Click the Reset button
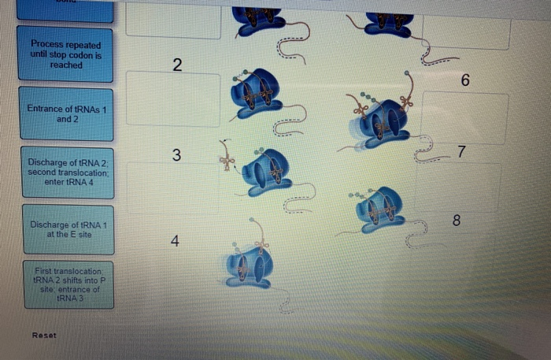[x=44, y=336]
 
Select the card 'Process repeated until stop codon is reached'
[x=66, y=54]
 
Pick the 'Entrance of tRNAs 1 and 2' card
[x=67, y=113]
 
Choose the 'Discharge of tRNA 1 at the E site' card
[x=68, y=229]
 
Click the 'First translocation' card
[x=68, y=284]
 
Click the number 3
[x=177, y=156]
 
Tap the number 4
[x=176, y=242]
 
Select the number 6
[x=465, y=80]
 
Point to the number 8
[x=456, y=220]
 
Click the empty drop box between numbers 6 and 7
[x=464, y=117]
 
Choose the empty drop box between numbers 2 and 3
[x=173, y=99]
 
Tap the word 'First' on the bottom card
[x=41, y=270]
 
